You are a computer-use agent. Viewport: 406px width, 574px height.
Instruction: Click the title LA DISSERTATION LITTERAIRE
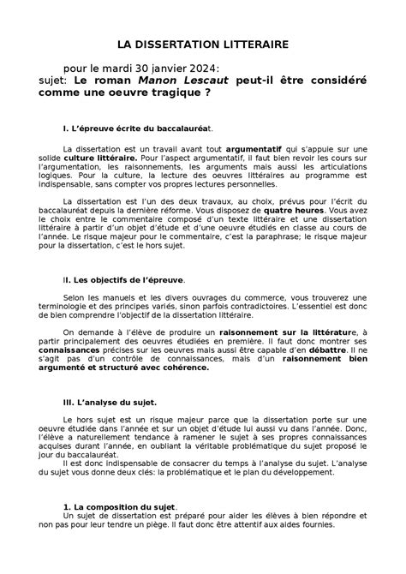coord(203,42)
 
